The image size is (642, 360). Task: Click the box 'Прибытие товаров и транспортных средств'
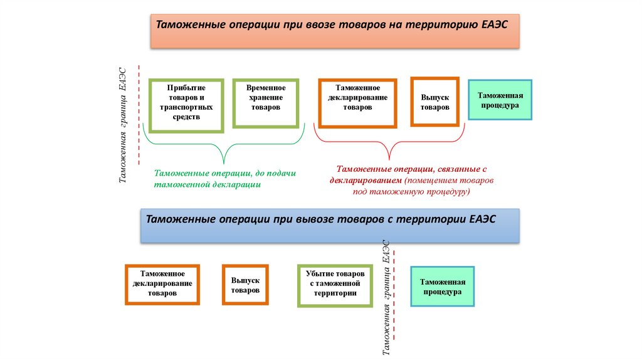[186, 105]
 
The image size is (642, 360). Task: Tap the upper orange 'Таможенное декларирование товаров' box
[357, 102]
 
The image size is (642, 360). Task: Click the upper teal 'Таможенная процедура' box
[500, 100]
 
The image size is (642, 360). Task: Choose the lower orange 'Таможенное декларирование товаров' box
[162, 284]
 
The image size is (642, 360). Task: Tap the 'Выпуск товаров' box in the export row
[245, 285]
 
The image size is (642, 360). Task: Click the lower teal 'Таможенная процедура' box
[442, 286]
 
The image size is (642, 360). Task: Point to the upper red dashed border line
[139, 113]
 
